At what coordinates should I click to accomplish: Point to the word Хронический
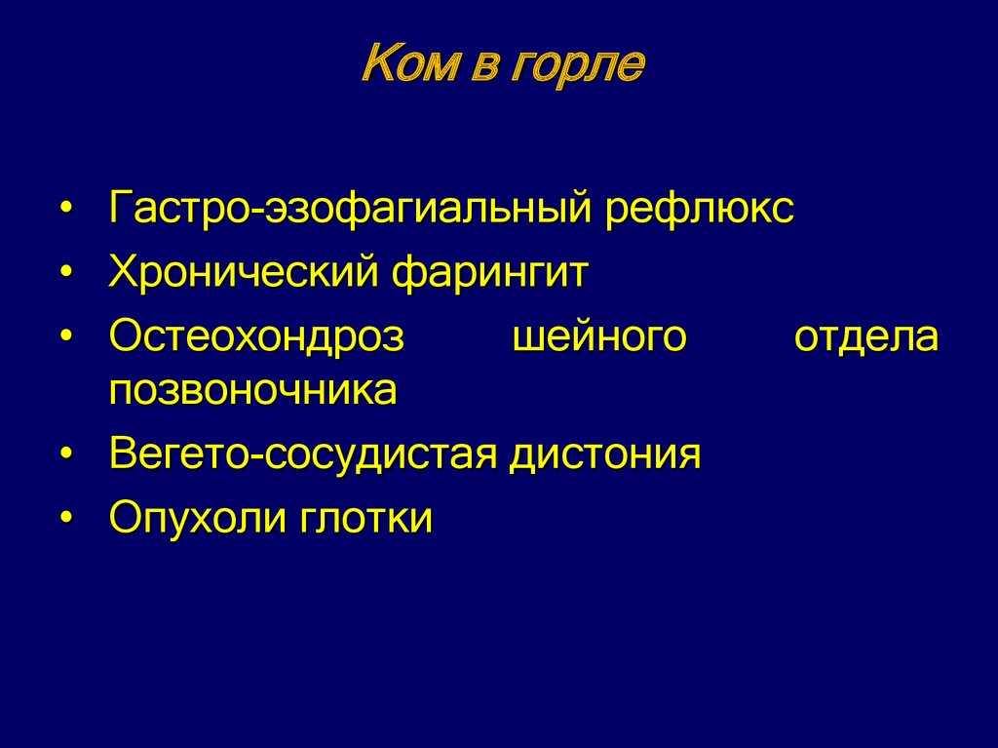pos(244,273)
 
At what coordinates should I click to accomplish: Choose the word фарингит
pos(489,273)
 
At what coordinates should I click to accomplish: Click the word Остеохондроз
pos(257,335)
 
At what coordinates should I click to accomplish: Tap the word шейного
pos(599,335)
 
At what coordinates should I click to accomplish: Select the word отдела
pos(866,337)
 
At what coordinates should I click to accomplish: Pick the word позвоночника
pos(253,389)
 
